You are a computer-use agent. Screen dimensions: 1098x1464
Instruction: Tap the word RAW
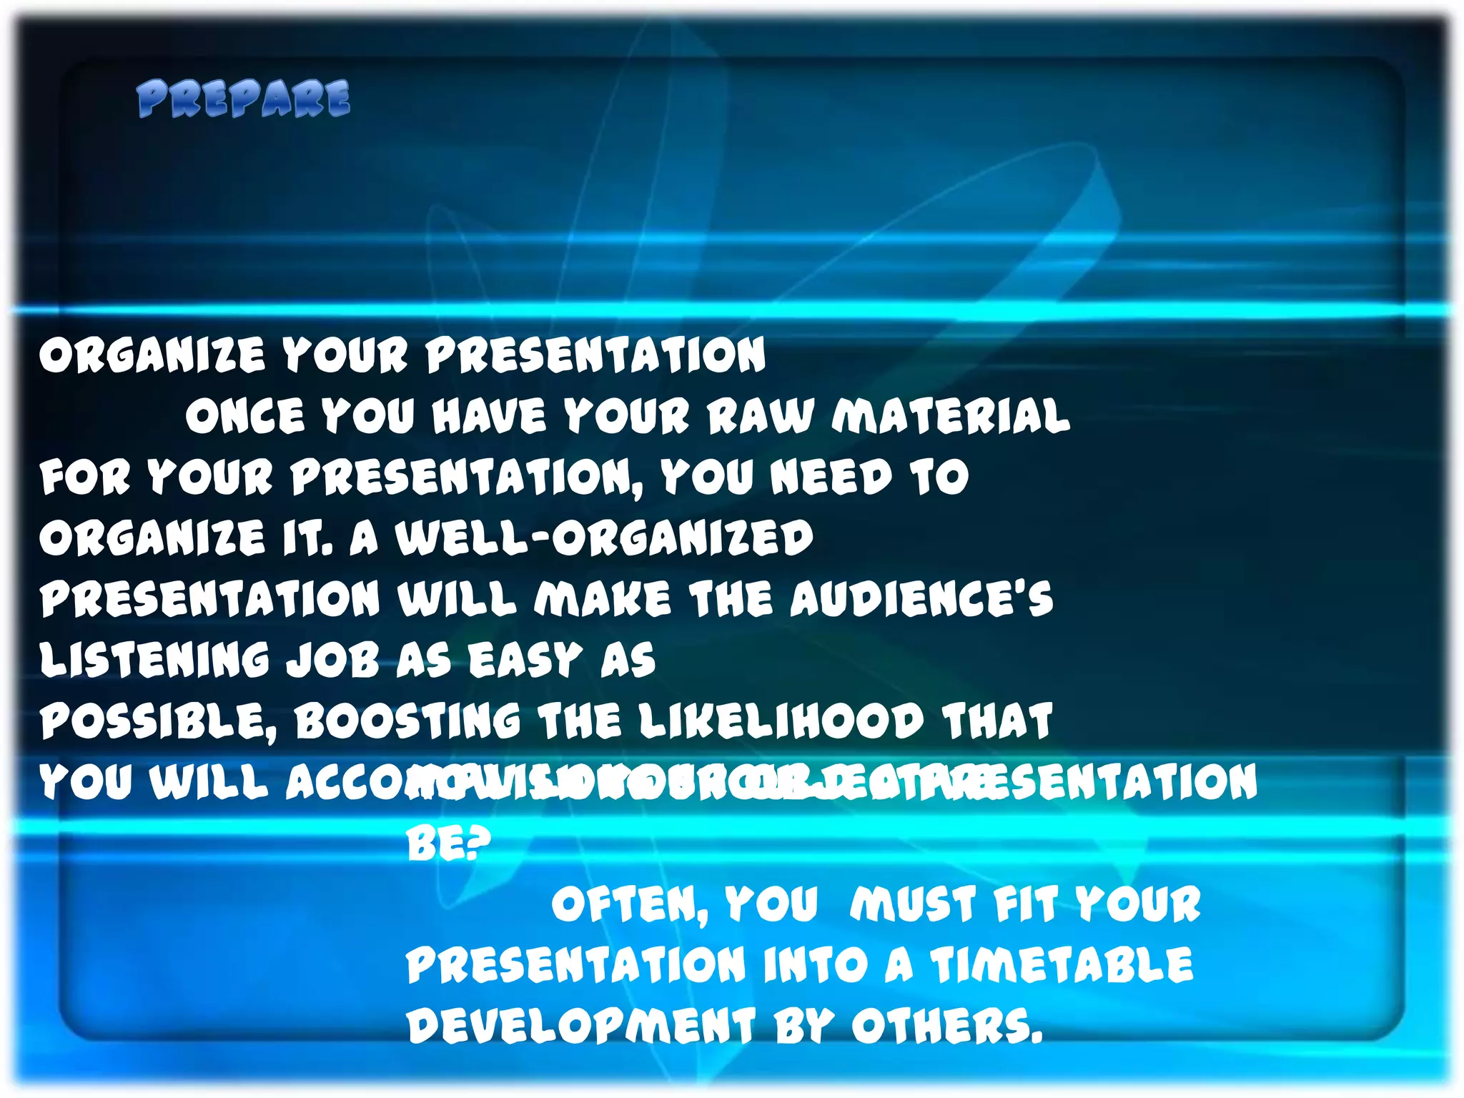pos(761,415)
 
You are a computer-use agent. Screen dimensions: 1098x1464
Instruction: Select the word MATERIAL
pos(951,415)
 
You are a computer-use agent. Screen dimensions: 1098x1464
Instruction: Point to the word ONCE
pos(245,415)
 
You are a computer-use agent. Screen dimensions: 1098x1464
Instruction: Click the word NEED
pos(831,476)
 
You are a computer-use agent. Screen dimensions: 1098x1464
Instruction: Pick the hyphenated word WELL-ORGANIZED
pos(604,538)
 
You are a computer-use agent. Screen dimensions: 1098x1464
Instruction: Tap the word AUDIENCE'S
pos(921,598)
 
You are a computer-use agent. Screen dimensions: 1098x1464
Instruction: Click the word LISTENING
pos(154,659)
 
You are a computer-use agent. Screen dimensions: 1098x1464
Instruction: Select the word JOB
pos(332,659)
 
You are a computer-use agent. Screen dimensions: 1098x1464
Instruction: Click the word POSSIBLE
pos(157,721)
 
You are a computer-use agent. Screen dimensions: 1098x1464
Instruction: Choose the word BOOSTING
pos(407,721)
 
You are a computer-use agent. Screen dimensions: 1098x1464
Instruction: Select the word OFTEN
pos(629,905)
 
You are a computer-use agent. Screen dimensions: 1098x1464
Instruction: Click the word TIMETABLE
pos(1062,965)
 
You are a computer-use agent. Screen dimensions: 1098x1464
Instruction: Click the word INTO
pos(815,965)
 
